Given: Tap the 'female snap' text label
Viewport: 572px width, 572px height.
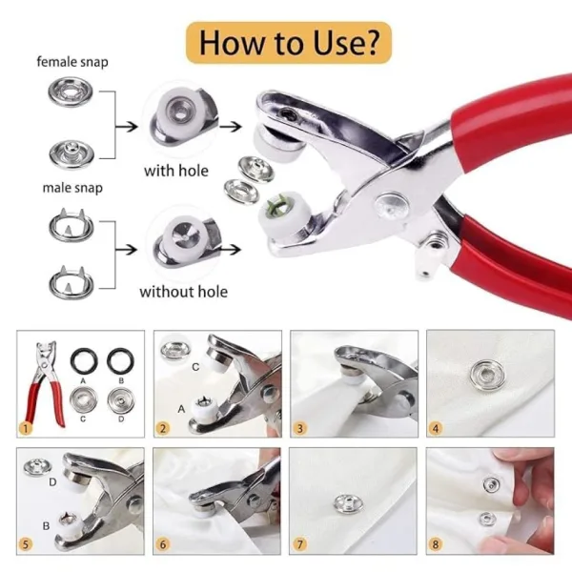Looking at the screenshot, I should coord(72,62).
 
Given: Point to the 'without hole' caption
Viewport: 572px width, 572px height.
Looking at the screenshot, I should coord(184,291).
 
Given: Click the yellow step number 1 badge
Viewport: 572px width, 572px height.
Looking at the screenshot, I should coord(27,428).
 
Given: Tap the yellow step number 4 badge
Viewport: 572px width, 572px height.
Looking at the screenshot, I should coord(437,428).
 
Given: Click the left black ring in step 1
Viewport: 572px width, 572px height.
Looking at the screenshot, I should coord(84,359).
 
